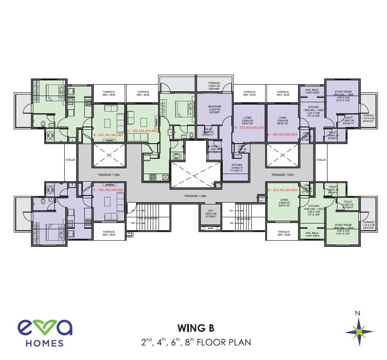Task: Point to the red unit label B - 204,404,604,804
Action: pyautogui.click(x=282, y=135)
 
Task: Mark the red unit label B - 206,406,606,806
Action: pyautogui.click(x=109, y=190)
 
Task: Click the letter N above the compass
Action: pyautogui.click(x=358, y=312)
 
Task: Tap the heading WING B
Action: pyautogui.click(x=195, y=328)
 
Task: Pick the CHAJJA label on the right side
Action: pyautogui.click(x=321, y=160)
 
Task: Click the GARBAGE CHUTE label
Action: pyautogui.click(x=261, y=198)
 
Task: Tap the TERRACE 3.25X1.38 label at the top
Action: pyautogui.click(x=213, y=87)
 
